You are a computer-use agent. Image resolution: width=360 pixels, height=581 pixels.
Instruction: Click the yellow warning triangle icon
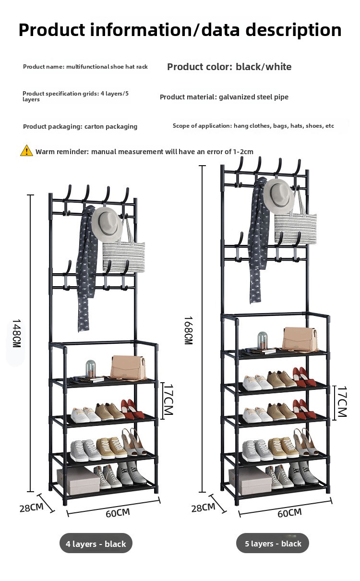coord(26,151)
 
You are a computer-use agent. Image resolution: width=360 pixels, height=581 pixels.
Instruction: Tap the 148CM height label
coord(16,333)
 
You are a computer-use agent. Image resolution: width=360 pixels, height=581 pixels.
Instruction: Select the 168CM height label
coord(188,330)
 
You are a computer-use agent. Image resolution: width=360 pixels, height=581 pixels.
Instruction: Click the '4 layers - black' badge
coord(96,544)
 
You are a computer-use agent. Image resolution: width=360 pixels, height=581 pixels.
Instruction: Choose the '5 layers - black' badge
coord(273,544)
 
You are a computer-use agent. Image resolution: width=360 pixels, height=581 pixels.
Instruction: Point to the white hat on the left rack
coord(107,225)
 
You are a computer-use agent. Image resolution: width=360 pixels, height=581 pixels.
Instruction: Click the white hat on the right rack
coord(279,196)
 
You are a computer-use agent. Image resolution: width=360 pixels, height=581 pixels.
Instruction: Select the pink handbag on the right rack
coord(300,339)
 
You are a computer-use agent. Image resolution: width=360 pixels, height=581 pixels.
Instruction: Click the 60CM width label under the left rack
coord(118,513)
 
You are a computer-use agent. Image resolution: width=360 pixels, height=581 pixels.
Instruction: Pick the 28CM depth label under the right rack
coord(204,508)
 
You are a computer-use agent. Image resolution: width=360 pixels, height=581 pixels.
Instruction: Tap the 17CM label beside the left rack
coord(168,399)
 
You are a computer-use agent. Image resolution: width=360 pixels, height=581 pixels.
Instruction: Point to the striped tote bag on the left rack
coord(124,253)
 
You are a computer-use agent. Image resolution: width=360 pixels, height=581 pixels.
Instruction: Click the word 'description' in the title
coord(293,30)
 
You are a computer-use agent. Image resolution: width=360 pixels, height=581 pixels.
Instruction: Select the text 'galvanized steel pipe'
coord(253,97)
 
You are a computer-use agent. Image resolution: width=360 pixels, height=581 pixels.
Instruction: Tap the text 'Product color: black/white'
coord(229,67)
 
